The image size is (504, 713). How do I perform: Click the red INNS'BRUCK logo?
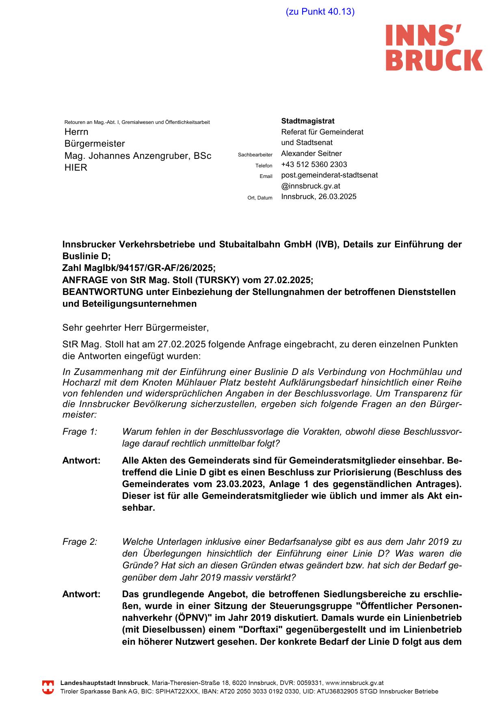tap(434, 47)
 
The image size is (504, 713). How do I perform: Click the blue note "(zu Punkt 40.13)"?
tap(320, 11)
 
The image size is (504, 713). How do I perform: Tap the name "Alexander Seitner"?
tap(311, 154)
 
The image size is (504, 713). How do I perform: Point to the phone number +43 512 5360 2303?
tap(314, 165)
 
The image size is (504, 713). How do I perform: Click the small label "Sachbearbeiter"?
tap(255, 155)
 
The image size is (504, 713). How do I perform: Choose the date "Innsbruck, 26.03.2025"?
tap(319, 197)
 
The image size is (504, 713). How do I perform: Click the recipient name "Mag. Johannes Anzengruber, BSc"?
tap(138, 156)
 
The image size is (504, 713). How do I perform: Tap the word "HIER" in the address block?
tap(76, 168)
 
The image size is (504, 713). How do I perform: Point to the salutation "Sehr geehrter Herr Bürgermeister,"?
tap(135, 327)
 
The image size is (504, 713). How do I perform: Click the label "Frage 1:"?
tap(80, 432)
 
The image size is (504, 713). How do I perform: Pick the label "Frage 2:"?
tap(80, 542)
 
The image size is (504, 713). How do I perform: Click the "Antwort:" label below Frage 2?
tap(81, 594)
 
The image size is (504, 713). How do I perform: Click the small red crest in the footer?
tap(48, 687)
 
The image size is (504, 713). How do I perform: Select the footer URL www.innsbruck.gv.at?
tap(355, 683)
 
